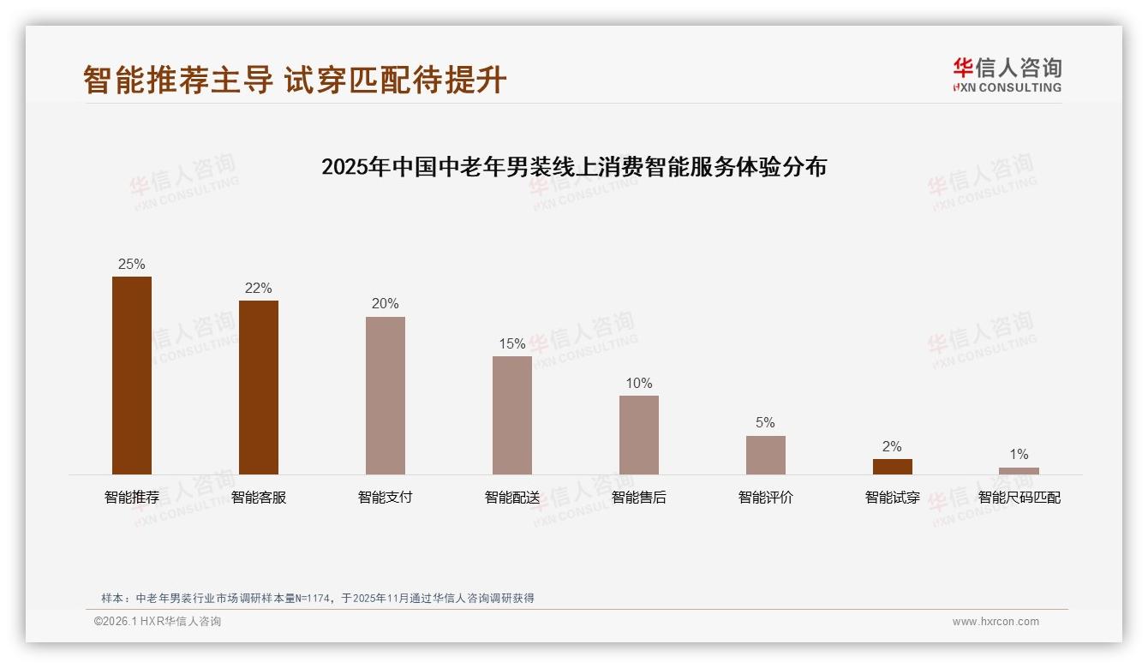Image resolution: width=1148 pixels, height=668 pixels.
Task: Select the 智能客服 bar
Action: tap(259, 387)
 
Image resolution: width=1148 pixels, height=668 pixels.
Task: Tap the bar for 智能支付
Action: tap(386, 396)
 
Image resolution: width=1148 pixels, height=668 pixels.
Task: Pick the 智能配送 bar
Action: tap(512, 415)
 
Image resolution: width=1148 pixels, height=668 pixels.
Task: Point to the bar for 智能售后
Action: tap(639, 435)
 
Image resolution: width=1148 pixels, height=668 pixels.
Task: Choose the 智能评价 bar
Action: tap(766, 455)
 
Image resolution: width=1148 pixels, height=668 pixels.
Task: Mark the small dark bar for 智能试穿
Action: tap(893, 467)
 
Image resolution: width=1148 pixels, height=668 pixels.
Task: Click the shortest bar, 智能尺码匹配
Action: tap(1019, 471)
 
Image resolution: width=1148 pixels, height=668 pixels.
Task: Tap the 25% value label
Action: tap(132, 265)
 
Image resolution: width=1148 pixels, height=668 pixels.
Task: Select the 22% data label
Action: tap(259, 289)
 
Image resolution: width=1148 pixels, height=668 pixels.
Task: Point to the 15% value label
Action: tap(512, 344)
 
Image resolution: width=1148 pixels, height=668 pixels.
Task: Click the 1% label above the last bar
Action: tap(1019, 455)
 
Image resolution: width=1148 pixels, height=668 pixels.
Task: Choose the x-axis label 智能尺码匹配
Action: tap(1019, 498)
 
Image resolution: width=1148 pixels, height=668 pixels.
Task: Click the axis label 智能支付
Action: tap(386, 498)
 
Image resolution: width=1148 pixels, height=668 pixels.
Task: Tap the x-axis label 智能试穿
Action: tap(893, 498)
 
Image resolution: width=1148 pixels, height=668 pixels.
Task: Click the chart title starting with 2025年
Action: tap(574, 167)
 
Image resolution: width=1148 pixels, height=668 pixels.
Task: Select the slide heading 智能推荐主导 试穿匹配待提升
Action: tap(296, 80)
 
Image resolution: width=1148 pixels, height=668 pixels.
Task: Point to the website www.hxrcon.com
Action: tap(996, 622)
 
